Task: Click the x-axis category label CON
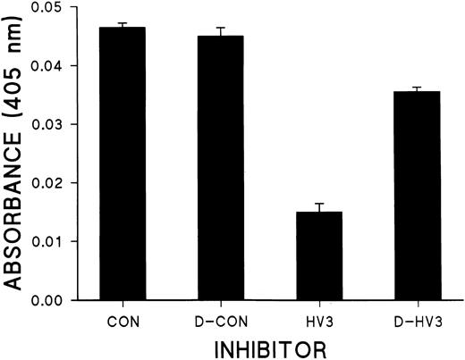(x=123, y=317)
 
